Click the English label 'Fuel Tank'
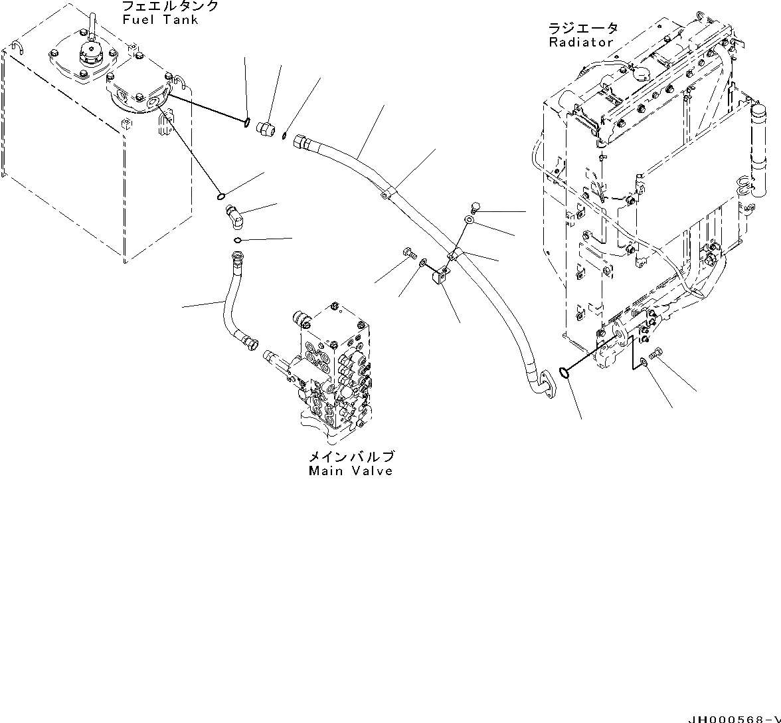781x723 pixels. (160, 20)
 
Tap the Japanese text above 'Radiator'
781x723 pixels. (582, 28)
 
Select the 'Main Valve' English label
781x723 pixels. (350, 471)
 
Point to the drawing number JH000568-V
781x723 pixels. (734, 718)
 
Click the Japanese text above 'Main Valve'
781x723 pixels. (350, 457)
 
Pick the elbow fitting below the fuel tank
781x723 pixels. (233, 214)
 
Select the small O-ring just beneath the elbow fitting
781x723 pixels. (238, 241)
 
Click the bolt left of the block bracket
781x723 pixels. (408, 253)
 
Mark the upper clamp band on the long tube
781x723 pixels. (390, 193)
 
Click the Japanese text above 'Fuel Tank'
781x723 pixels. (170, 7)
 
